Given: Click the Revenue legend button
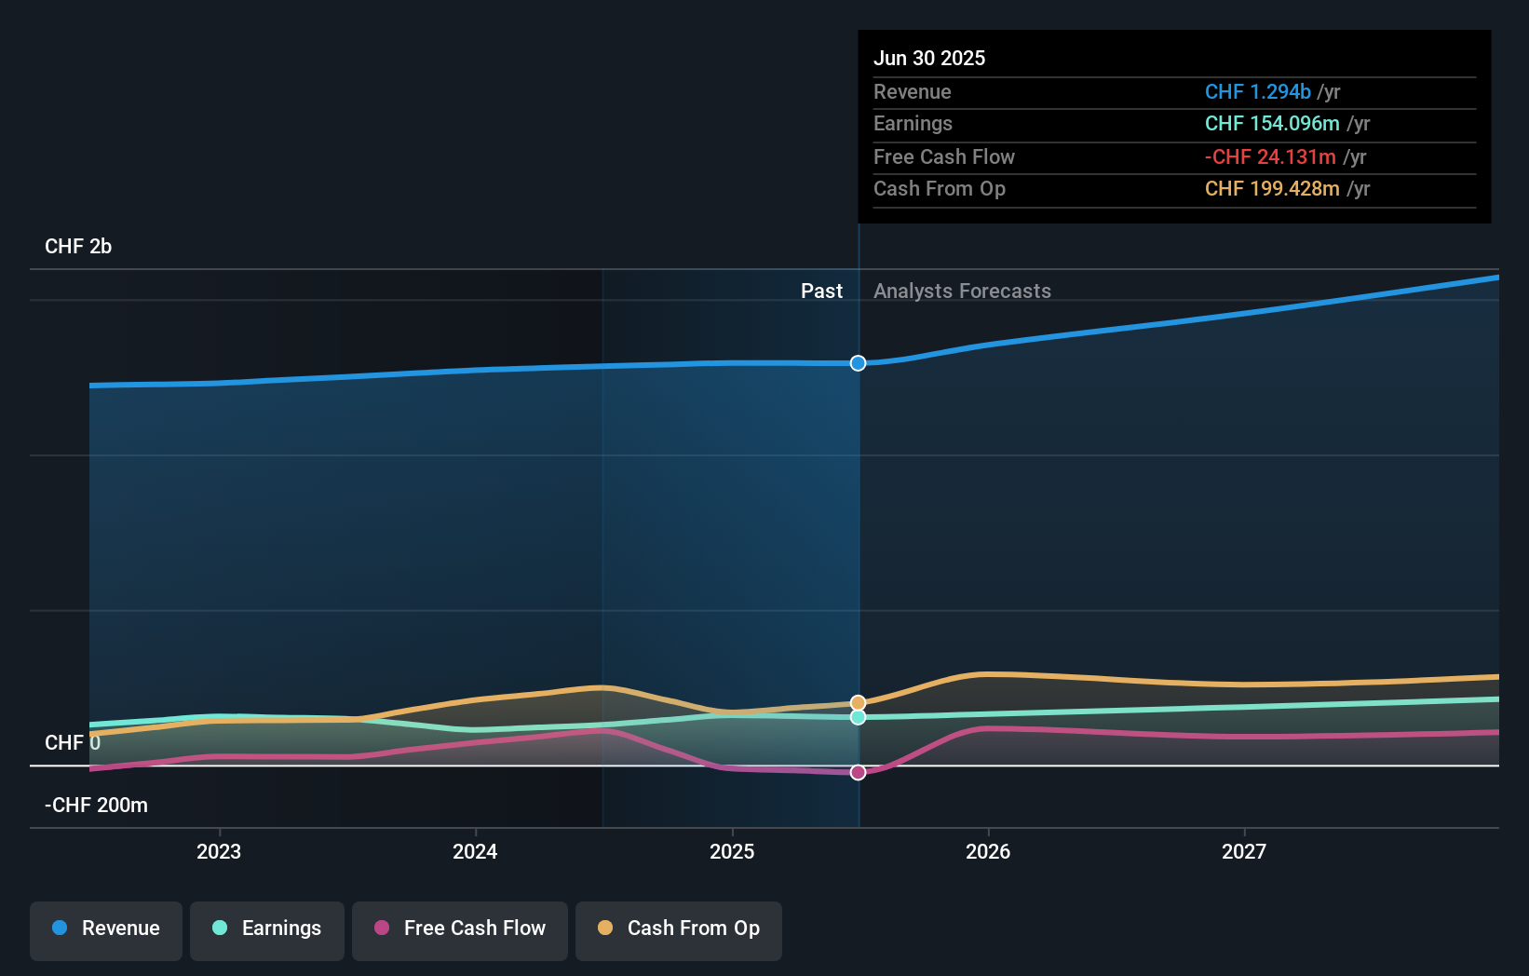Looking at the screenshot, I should tap(106, 929).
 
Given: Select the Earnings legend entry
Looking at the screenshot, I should tap(267, 929).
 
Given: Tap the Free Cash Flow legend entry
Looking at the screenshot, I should tap(460, 929).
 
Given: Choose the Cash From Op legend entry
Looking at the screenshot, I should tap(679, 929).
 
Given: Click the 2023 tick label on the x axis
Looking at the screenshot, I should tap(219, 851).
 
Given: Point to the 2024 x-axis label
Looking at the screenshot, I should tap(475, 851).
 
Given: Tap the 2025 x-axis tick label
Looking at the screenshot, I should tap(732, 851).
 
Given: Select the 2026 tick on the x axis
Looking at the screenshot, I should tap(988, 851).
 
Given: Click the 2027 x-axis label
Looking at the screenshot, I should tap(1244, 851).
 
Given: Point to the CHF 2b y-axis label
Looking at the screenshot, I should tap(78, 247).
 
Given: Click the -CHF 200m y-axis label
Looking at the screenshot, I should tap(97, 806).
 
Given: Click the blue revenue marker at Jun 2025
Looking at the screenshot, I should tap(859, 363).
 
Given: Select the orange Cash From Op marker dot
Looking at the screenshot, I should tap(859, 703).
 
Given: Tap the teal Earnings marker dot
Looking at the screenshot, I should tap(859, 717).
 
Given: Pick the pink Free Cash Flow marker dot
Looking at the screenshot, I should tap(859, 772).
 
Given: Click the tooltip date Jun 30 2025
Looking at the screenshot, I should tap(929, 58).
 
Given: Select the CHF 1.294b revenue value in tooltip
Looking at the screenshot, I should tap(1258, 91).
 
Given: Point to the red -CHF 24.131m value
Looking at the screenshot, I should tap(1271, 157).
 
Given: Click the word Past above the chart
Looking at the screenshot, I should tap(821, 291).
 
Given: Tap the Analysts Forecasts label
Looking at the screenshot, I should tap(962, 291).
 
